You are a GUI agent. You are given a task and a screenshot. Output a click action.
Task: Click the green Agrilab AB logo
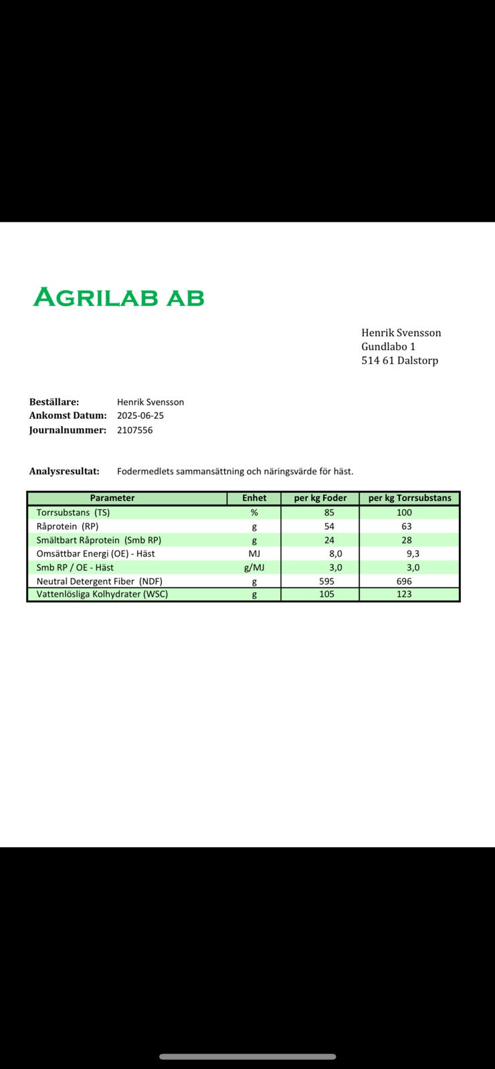118,297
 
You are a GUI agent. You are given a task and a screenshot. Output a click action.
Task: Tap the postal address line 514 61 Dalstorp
399,360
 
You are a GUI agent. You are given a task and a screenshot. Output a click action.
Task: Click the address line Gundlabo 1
388,346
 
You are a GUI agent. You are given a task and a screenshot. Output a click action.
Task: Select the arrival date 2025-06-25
140,415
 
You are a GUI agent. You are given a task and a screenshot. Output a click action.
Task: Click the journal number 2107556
134,430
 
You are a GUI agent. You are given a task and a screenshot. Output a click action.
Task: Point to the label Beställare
54,402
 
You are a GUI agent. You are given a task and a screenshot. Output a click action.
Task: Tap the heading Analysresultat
64,471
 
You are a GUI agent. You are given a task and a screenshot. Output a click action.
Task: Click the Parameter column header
112,498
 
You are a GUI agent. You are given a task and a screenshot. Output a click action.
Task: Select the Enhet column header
254,498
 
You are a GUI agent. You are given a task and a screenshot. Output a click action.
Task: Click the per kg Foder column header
320,498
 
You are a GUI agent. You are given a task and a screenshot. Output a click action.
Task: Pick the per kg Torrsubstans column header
409,498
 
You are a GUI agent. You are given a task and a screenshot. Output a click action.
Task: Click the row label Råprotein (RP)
67,526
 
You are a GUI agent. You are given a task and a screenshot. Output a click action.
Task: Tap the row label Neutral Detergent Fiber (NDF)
99,581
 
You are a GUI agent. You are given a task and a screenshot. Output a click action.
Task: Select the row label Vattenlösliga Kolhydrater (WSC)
102,594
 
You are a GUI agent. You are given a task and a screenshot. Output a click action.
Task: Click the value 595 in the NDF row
326,581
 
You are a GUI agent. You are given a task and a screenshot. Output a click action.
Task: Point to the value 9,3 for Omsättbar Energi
413,553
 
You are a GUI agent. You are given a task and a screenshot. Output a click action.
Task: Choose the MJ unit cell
254,553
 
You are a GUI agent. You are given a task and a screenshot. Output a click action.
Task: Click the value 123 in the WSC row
404,594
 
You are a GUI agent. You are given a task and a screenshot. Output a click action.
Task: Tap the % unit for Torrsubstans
254,512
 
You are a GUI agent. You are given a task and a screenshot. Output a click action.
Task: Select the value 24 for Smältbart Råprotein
329,540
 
